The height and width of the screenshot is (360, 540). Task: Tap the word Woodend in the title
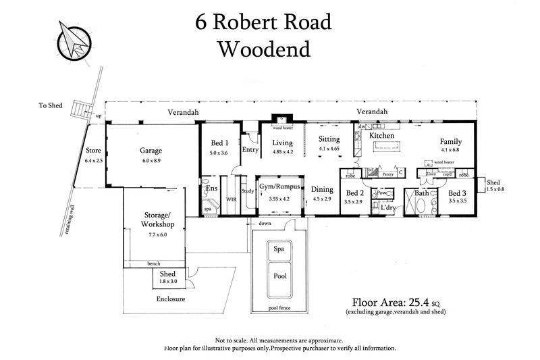click(264, 49)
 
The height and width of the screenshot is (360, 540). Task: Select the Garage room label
click(151, 151)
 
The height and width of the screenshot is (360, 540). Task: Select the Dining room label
click(321, 190)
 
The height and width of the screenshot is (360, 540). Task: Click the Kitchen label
click(381, 136)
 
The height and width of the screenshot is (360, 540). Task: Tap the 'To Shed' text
click(51, 106)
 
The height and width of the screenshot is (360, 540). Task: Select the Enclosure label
click(171, 299)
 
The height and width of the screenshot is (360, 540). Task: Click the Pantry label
click(387, 174)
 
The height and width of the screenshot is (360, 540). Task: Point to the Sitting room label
click(330, 139)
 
